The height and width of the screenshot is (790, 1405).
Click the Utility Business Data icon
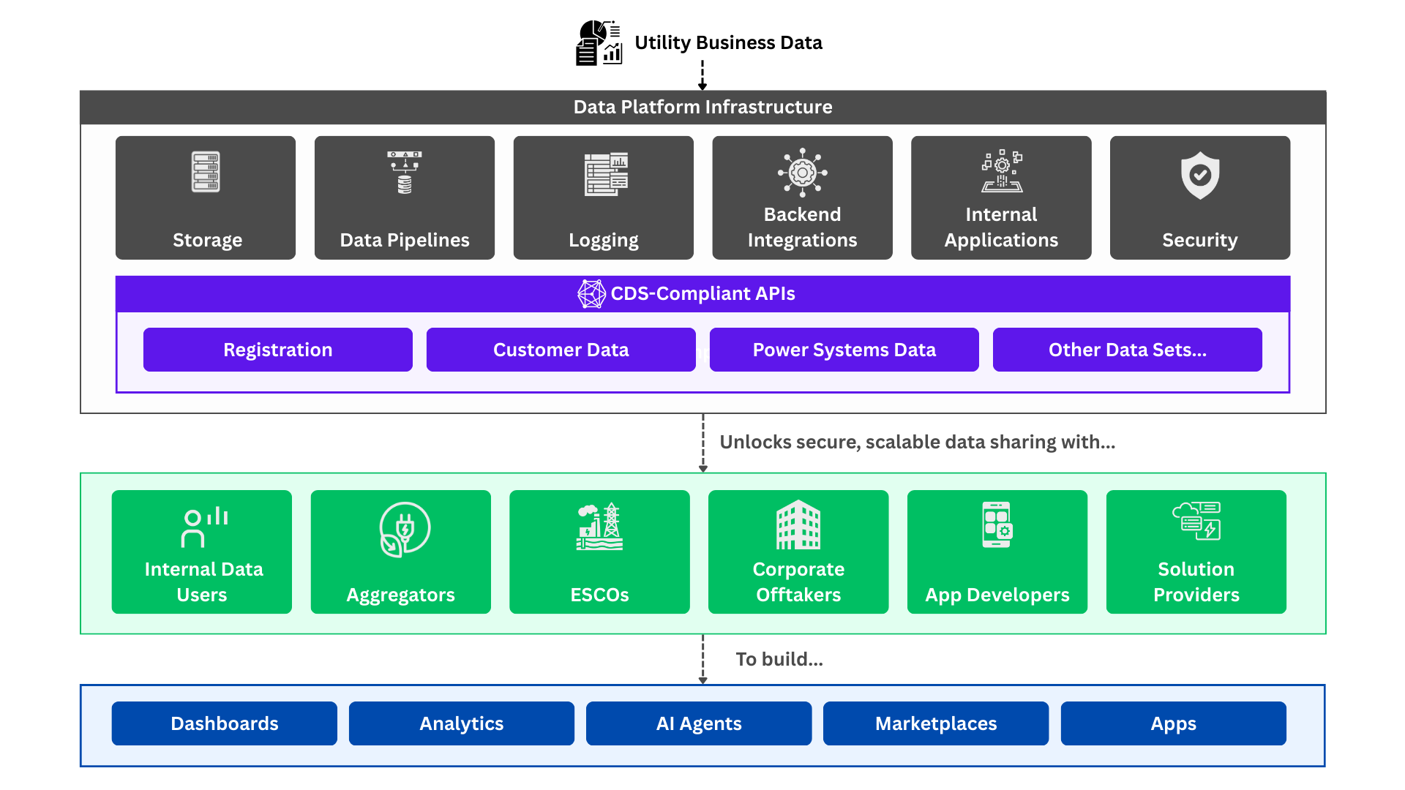click(599, 42)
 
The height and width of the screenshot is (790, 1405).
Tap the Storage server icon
click(206, 172)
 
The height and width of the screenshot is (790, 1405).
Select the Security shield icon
click(1200, 176)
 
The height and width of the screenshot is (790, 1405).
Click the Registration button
click(278, 350)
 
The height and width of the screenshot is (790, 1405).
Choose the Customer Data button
click(561, 350)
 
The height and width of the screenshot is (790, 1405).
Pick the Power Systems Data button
click(844, 350)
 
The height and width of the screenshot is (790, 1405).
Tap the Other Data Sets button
click(1128, 350)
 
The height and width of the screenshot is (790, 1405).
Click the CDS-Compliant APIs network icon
click(591, 294)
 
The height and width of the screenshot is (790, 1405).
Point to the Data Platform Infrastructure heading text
click(702, 107)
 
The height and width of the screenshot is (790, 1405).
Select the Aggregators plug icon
click(405, 529)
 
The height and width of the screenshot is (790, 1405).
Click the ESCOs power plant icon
click(600, 527)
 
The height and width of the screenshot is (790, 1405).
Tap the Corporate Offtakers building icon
click(798, 524)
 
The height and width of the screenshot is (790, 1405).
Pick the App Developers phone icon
click(997, 524)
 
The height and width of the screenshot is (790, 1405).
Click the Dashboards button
click(225, 723)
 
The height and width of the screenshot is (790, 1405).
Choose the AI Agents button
click(699, 723)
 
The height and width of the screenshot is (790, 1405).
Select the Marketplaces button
click(936, 723)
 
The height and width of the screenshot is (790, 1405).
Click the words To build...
click(779, 659)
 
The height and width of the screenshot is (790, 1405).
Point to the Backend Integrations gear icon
click(803, 173)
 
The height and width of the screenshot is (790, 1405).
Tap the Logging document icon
click(606, 174)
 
